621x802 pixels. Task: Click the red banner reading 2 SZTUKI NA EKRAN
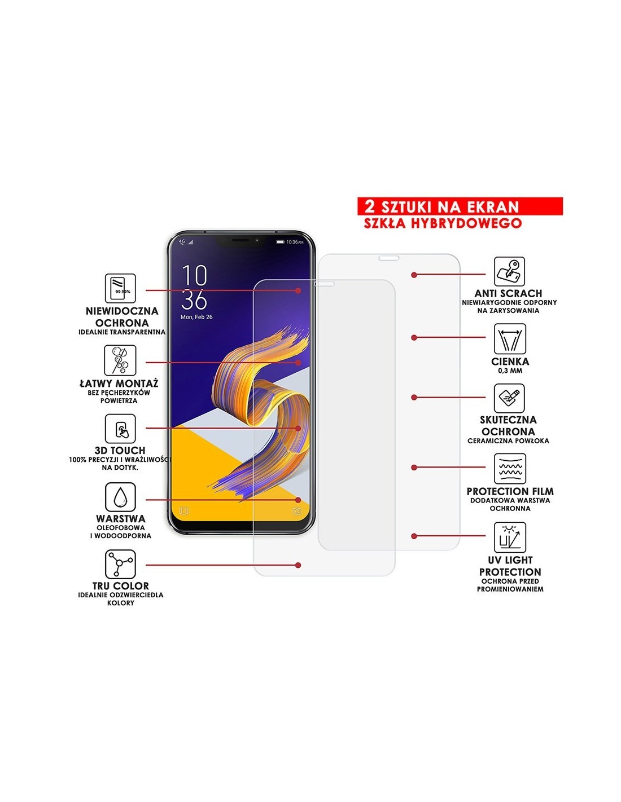(x=460, y=206)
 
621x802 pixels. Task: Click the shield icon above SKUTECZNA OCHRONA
(x=509, y=398)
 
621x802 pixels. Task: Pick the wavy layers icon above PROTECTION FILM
(x=510, y=468)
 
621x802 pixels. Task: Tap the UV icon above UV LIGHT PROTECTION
(x=510, y=537)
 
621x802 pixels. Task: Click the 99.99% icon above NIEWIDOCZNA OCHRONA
(x=120, y=288)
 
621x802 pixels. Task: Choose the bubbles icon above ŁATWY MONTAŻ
(x=120, y=360)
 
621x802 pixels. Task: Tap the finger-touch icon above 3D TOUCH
(x=120, y=429)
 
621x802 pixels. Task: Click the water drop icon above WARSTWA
(x=120, y=497)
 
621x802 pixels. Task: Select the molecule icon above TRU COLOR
(x=120, y=564)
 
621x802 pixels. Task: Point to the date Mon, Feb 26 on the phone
(x=196, y=317)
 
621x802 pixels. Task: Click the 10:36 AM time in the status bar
(x=295, y=242)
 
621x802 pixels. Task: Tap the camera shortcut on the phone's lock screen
(x=296, y=511)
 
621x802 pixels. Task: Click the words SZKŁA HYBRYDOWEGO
(x=443, y=223)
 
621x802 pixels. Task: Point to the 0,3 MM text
(x=510, y=371)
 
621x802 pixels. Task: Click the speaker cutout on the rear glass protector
(x=388, y=258)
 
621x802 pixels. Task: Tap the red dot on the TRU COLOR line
(x=298, y=565)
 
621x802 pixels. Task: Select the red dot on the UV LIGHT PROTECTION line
(x=414, y=536)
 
